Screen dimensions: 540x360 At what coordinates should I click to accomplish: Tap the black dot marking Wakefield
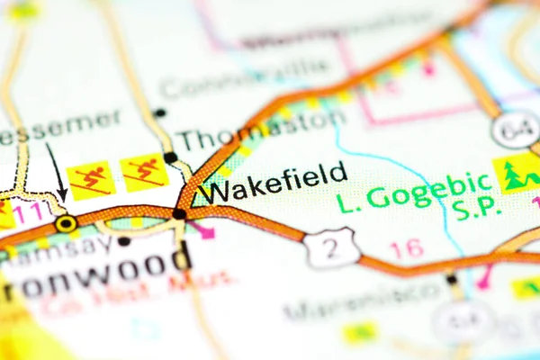(179, 214)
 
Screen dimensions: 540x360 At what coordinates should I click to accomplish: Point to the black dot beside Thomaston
(170, 157)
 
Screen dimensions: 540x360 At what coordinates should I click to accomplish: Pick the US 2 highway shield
(331, 248)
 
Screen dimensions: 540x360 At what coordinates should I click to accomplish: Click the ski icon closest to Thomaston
(145, 173)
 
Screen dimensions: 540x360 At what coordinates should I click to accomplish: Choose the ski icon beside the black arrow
(92, 179)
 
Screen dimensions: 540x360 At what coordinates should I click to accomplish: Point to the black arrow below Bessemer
(58, 172)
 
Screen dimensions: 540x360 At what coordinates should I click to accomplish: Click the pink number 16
(407, 248)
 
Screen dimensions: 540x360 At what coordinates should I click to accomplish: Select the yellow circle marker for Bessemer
(66, 222)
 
